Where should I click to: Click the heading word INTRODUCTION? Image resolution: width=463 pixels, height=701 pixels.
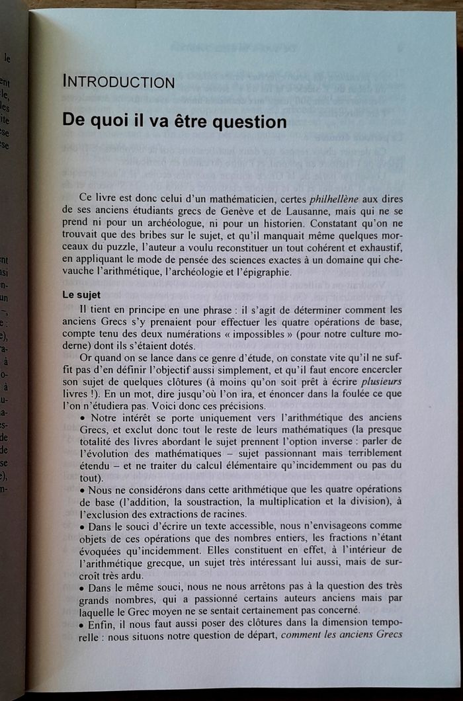pyautogui.click(x=118, y=83)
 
